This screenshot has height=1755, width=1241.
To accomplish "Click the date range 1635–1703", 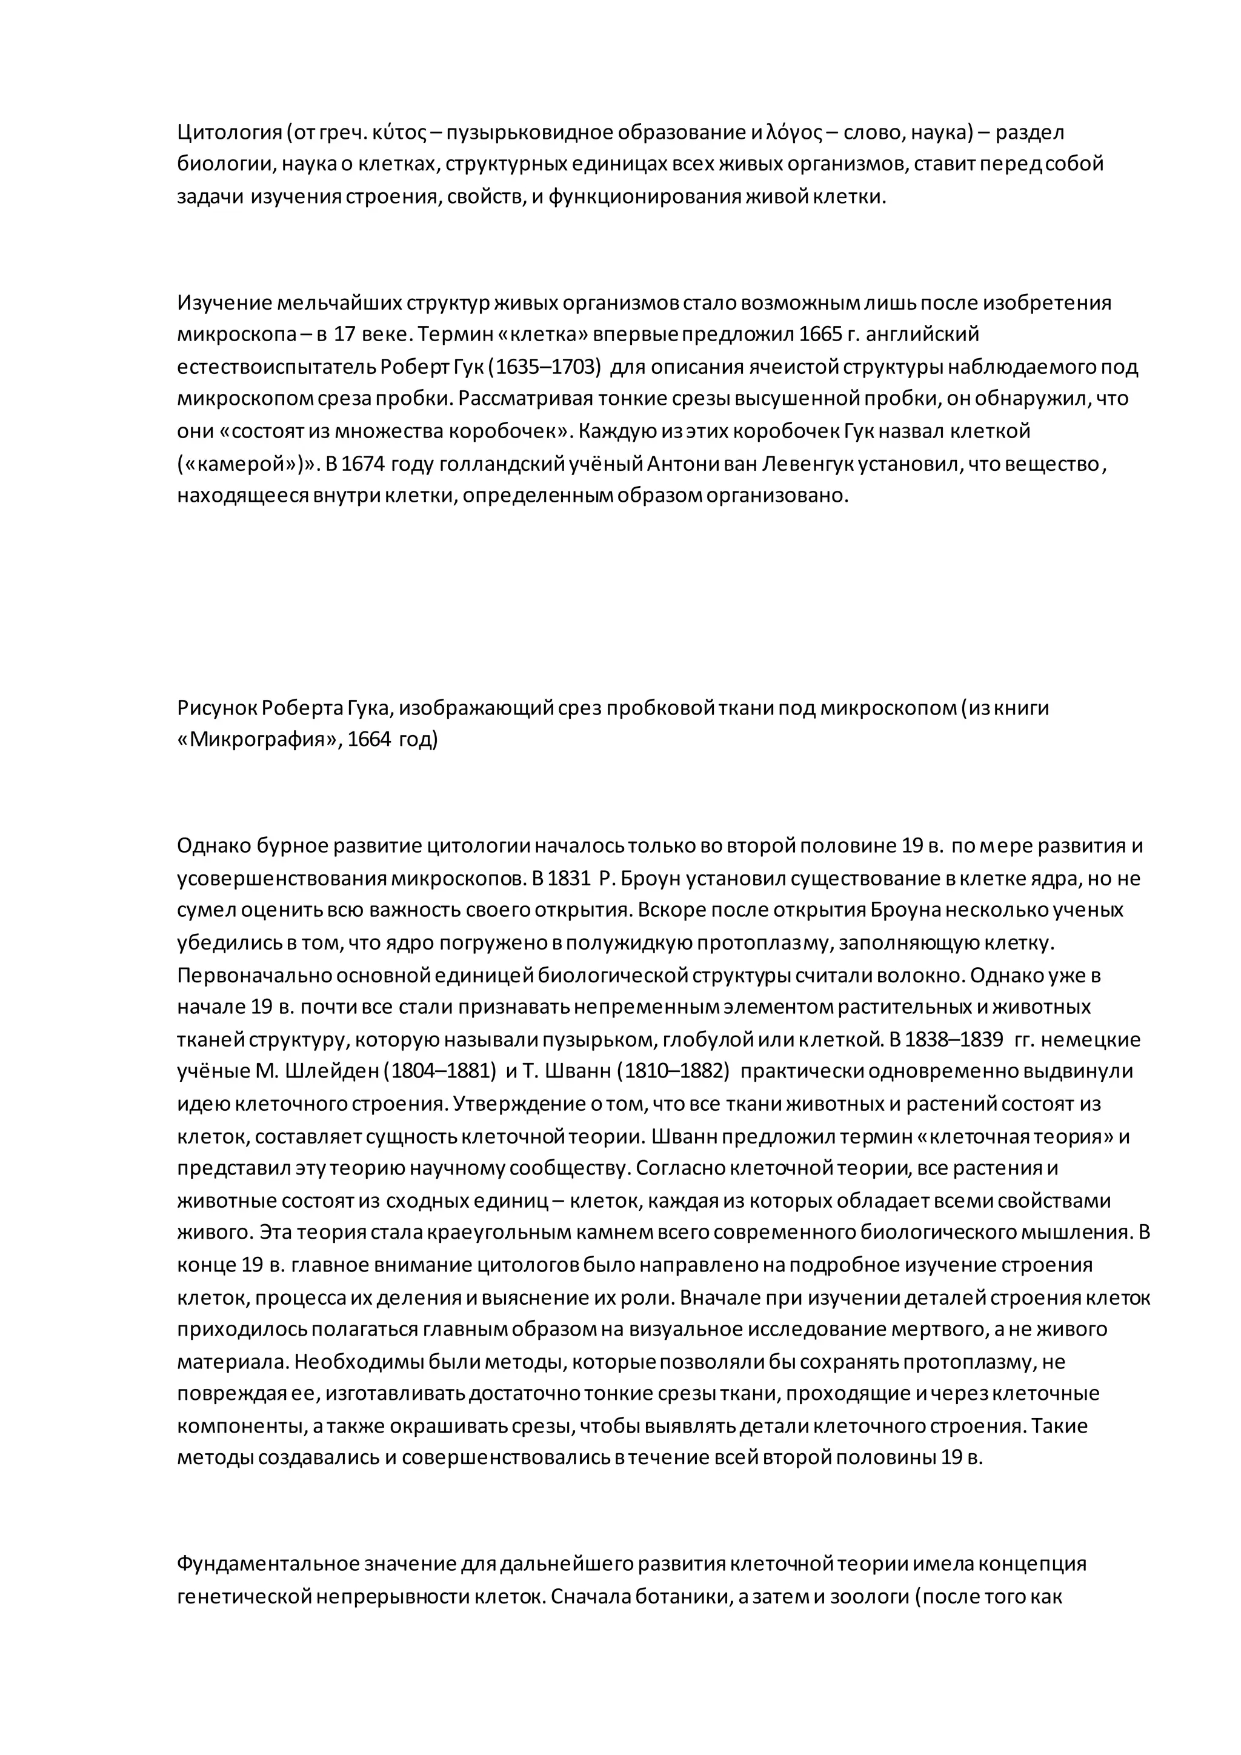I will click(544, 367).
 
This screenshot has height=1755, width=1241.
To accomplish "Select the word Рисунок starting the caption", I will click(216, 708).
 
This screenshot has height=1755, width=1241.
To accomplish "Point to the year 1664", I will click(369, 740).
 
